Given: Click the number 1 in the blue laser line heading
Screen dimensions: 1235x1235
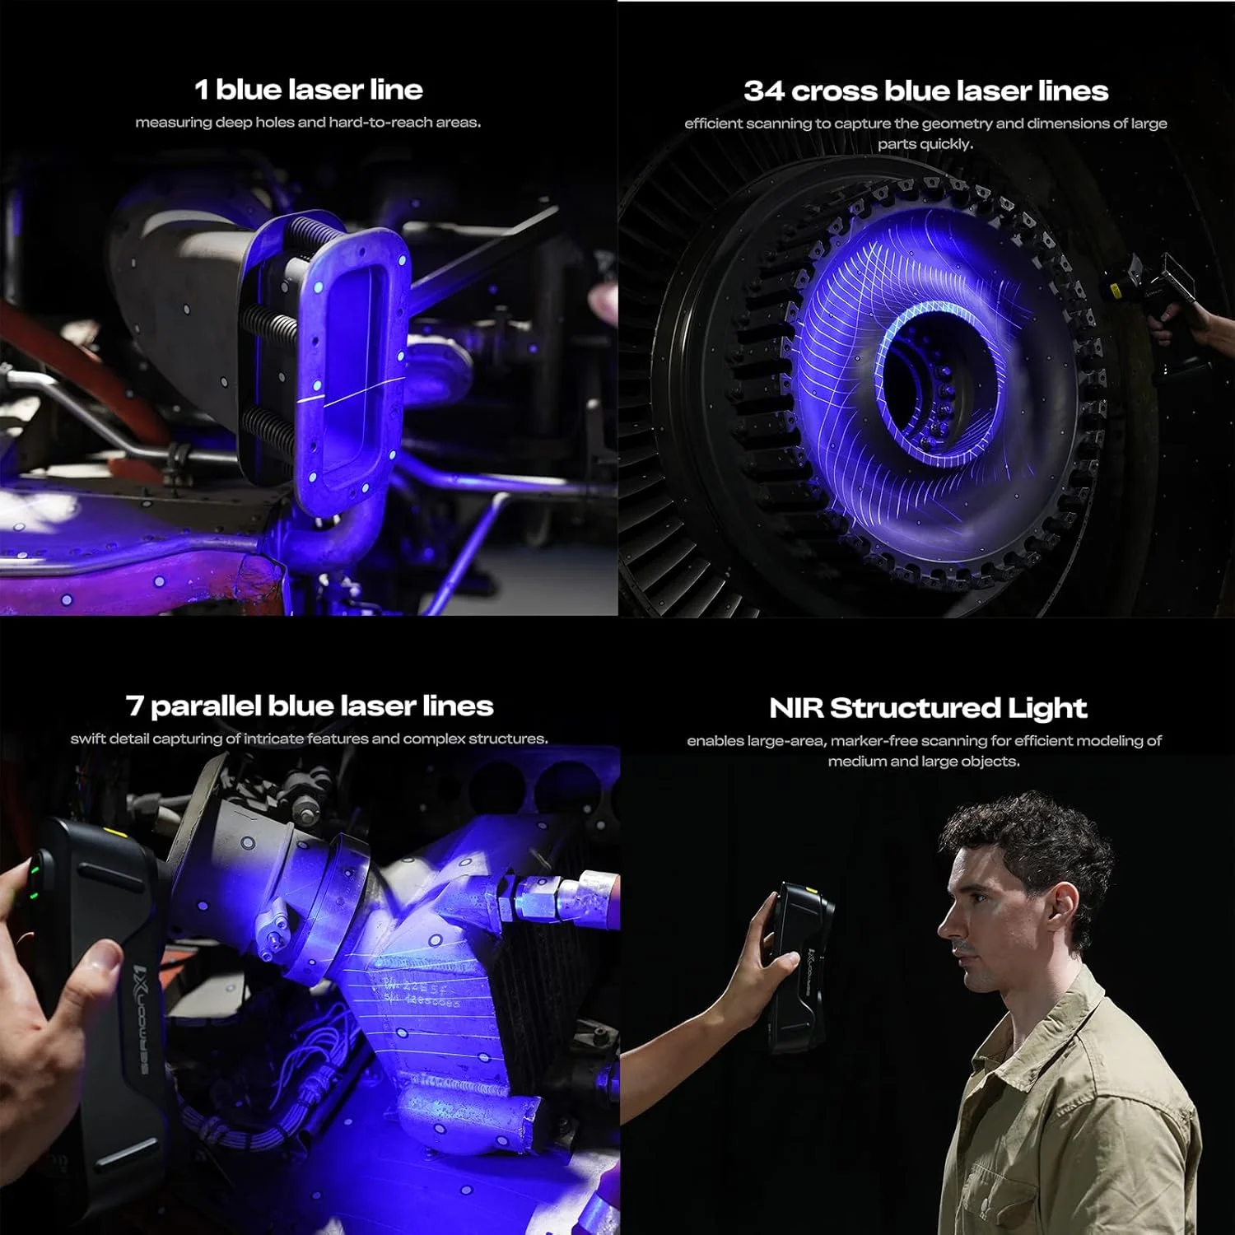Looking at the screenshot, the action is (201, 89).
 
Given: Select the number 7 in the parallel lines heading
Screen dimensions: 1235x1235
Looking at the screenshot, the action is (135, 706).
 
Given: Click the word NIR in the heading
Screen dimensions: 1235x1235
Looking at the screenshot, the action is (795, 708).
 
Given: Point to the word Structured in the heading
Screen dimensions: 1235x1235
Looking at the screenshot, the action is (911, 708).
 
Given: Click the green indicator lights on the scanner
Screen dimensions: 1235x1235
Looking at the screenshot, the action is (35, 883).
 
